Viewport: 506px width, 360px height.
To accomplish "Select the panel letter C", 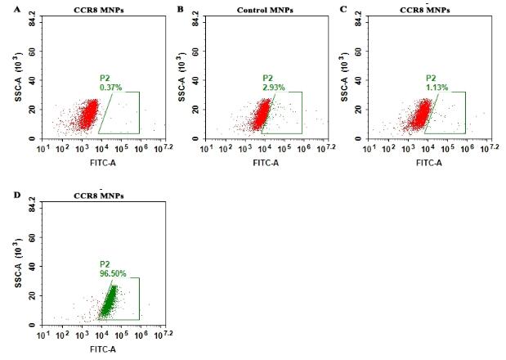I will tap(343, 8).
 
